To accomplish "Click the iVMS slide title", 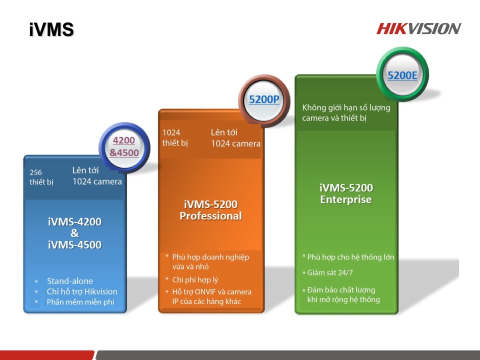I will pos(51,29).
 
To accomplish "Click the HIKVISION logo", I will pos(418,28).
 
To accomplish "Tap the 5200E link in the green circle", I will pos(402,75).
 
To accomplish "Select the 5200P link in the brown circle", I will pos(264,99).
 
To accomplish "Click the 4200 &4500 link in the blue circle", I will pos(124,146).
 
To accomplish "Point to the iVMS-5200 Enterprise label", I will pos(346,194).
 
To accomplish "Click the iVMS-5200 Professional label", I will pos(210,210).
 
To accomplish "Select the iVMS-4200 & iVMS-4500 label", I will pos(74,233).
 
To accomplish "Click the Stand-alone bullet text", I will pos(70,281).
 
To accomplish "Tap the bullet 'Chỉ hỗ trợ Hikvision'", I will pos(82,291).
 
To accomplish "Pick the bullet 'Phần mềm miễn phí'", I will pos(79,302).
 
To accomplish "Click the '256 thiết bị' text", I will pos(41,177).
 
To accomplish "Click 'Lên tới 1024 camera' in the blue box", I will pos(97,176).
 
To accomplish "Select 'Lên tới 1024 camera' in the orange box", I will pos(235,138).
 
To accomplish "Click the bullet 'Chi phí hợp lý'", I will pos(195,280).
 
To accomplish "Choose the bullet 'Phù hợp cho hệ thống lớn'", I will pos(350,257).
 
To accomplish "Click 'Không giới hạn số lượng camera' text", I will pos(346,113).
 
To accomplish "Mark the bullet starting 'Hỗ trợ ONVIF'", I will pos(211,296).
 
